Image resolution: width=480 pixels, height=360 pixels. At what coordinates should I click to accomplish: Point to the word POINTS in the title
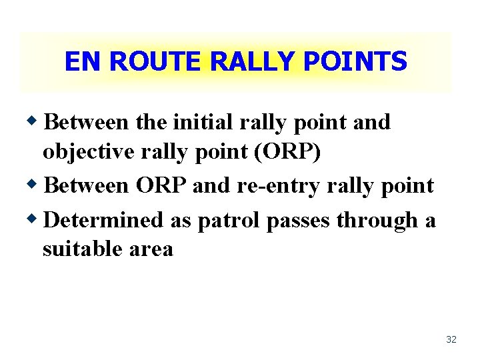tap(355, 62)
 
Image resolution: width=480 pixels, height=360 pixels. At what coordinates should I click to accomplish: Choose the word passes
tap(299, 220)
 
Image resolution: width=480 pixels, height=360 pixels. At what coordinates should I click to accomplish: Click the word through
tap(377, 220)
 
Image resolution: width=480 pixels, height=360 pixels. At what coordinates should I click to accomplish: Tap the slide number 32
tap(451, 340)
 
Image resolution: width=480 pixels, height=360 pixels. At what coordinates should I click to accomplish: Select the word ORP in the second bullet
tap(161, 186)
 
